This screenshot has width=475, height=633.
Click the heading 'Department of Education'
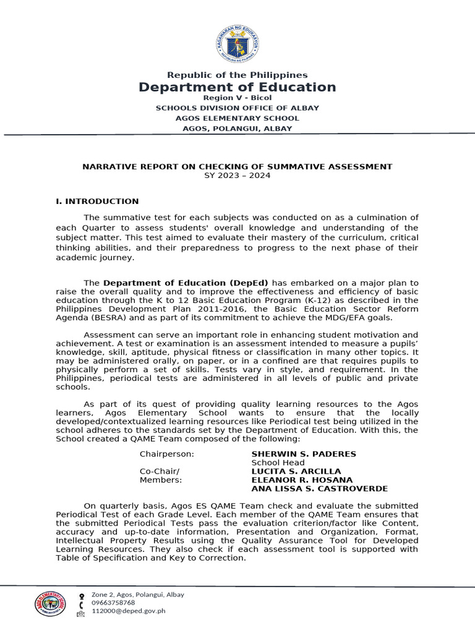(237, 87)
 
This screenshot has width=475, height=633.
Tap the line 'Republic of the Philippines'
(237, 75)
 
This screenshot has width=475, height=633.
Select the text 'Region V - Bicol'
(237, 98)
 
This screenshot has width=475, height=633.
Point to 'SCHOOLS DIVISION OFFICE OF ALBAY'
(237, 108)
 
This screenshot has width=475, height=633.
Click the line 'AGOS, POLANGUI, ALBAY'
(237, 129)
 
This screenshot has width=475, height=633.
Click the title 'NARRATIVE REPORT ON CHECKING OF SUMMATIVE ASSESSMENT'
(237, 166)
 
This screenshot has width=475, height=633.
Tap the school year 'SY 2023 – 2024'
(237, 176)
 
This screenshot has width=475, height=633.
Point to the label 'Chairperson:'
(167, 454)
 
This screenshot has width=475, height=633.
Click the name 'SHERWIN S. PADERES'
(303, 454)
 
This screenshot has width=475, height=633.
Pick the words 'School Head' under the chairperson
(278, 462)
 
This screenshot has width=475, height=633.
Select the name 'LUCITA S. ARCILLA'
(296, 471)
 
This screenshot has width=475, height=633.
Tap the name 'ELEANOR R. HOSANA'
(302, 480)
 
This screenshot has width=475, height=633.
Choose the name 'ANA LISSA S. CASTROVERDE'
(319, 488)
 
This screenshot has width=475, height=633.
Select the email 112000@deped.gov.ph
(128, 611)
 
